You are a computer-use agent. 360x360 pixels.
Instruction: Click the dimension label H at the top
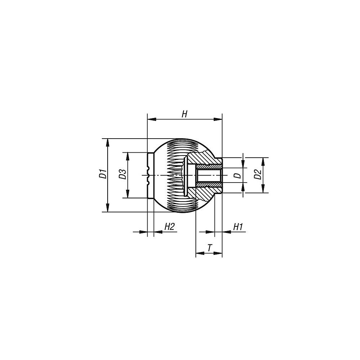point(184,114)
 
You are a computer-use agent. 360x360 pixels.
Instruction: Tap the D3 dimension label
point(123,174)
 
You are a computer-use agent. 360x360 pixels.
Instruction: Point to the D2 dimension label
point(258,174)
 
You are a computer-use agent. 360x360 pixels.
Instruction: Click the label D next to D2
point(238,176)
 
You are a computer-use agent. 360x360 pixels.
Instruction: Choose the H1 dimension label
point(238,227)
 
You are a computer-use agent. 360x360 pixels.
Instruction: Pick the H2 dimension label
point(170,227)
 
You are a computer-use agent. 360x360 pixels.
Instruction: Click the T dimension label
point(209,248)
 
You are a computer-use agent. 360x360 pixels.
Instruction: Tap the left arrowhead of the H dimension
point(152,119)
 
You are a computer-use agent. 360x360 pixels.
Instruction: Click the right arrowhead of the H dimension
point(218,119)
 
